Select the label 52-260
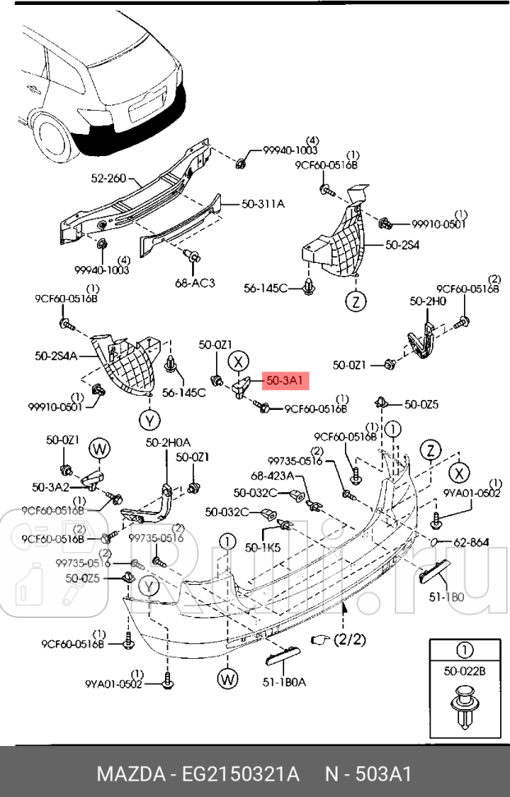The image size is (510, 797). (108, 177)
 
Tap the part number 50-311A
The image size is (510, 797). (263, 204)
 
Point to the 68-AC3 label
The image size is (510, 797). (195, 283)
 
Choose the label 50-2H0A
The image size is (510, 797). (168, 443)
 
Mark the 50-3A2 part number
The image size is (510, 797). (49, 486)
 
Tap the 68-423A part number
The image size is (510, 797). (268, 475)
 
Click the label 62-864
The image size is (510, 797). (471, 542)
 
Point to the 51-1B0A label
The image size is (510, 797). (283, 680)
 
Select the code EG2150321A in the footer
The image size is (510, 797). (237, 774)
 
